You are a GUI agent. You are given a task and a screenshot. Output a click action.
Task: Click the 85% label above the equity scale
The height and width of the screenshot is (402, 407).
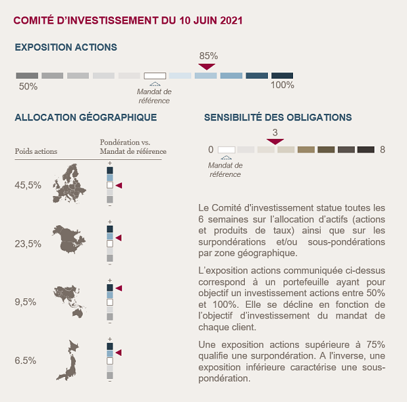click(x=208, y=56)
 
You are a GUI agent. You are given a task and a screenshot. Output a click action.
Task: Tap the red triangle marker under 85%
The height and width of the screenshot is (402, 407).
click(x=207, y=66)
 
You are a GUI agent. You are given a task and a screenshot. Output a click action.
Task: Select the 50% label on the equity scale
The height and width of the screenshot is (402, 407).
click(x=28, y=86)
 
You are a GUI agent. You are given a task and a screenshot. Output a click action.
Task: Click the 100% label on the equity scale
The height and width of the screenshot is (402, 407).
click(x=282, y=85)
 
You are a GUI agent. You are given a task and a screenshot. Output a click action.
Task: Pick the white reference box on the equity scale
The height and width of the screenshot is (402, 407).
click(x=155, y=76)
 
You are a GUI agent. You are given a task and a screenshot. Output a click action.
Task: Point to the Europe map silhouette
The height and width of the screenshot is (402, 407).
click(x=69, y=184)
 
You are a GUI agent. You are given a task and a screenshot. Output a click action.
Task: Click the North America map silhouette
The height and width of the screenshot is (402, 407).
click(x=69, y=239)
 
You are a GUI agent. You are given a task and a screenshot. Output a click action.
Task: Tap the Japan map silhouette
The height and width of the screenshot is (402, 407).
click(x=67, y=360)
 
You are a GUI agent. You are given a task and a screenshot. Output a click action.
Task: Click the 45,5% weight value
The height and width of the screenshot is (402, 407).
click(x=28, y=185)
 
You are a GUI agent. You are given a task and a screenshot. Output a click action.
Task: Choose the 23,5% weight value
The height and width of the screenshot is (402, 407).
click(x=28, y=244)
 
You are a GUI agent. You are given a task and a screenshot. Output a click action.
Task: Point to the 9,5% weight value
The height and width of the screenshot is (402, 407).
click(x=25, y=302)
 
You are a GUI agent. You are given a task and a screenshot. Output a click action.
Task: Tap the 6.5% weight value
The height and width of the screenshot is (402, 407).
click(x=25, y=361)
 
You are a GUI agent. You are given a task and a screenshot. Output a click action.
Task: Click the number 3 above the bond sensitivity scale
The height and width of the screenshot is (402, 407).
click(x=275, y=132)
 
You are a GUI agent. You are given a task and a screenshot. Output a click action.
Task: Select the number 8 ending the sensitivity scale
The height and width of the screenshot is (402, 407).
click(x=383, y=150)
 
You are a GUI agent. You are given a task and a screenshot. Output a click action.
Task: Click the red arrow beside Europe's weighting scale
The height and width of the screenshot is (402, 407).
click(x=119, y=186)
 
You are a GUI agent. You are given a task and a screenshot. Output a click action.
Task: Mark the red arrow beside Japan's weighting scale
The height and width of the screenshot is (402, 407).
click(x=119, y=353)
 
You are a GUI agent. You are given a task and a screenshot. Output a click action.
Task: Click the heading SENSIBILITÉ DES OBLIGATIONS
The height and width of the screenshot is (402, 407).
click(x=278, y=117)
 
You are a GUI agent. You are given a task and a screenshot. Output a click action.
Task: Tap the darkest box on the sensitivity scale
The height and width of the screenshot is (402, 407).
click(x=366, y=150)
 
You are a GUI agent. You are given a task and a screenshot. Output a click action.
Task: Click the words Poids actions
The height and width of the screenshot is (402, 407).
click(x=36, y=151)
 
